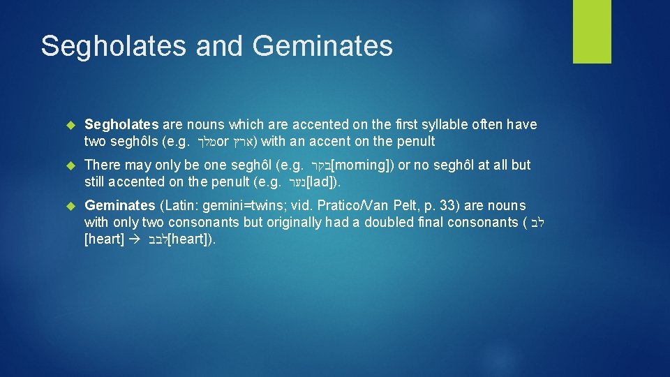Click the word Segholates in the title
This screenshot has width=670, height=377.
click(114, 46)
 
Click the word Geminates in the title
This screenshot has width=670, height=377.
click(323, 46)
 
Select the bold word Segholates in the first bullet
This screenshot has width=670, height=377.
click(121, 124)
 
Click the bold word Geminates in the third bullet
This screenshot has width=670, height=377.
click(119, 205)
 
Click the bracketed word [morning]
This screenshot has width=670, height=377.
click(360, 165)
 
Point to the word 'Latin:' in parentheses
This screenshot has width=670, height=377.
click(179, 205)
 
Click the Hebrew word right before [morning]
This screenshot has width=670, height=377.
click(318, 166)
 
